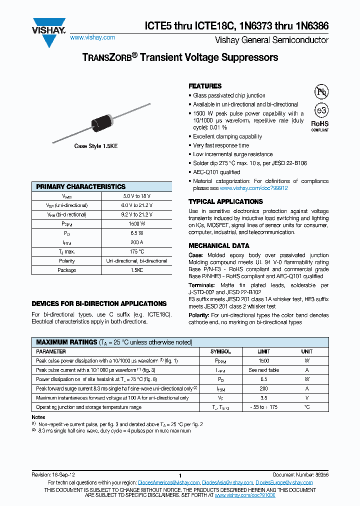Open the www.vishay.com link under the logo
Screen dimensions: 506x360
click(x=92, y=37)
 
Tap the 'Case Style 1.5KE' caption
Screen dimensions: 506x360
click(x=96, y=146)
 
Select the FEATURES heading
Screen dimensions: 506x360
click(x=205, y=86)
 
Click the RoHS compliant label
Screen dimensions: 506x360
click(x=320, y=125)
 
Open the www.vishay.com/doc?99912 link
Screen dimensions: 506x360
click(x=253, y=188)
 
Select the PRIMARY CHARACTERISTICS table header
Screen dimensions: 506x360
click(x=81, y=186)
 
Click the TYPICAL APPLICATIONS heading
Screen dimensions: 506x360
click(x=225, y=201)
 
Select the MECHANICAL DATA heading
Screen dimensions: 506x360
click(x=218, y=245)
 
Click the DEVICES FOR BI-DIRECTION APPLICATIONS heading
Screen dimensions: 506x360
click(x=99, y=303)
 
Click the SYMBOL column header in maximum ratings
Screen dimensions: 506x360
click(x=220, y=351)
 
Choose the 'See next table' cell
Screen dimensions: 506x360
click(x=263, y=370)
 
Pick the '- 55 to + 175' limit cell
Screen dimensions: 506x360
click(x=263, y=407)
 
